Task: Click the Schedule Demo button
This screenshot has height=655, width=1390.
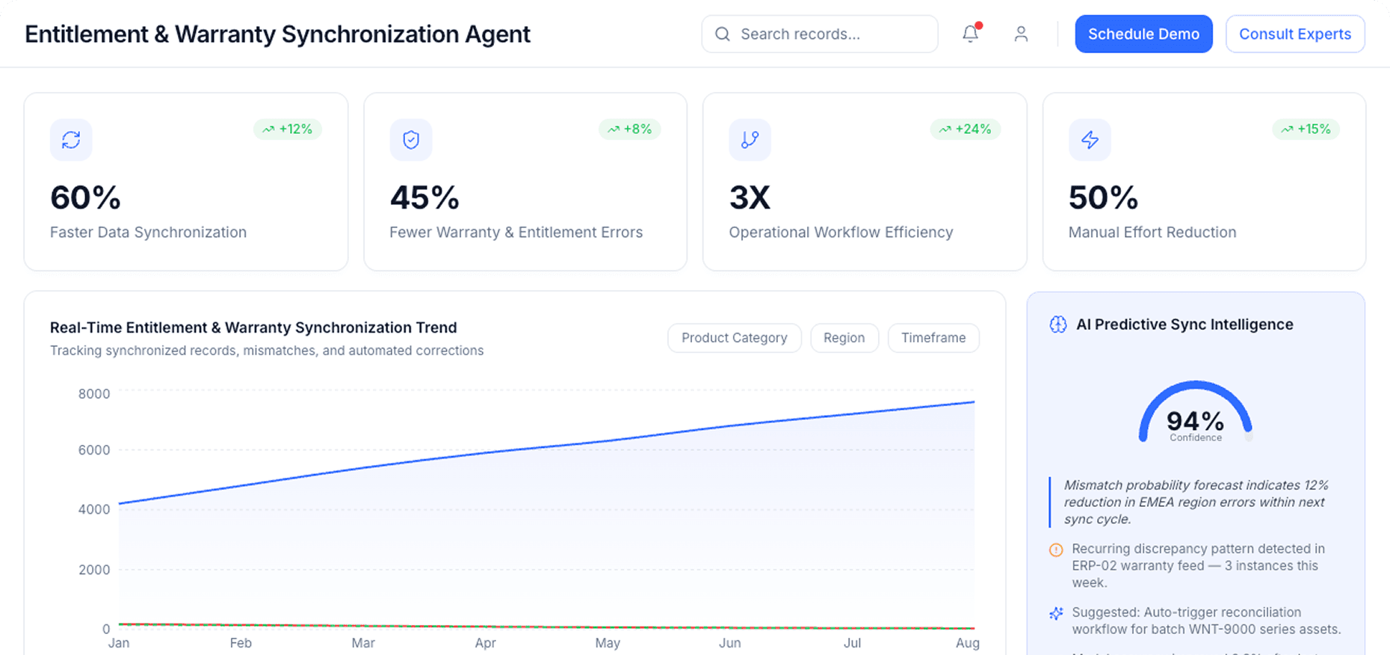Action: point(1143,34)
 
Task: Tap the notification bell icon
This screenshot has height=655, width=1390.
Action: point(970,34)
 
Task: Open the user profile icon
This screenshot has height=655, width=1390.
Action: point(1021,34)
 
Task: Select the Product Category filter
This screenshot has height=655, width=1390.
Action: point(734,338)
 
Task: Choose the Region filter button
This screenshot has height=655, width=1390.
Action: point(844,338)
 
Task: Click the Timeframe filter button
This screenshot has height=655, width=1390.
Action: point(933,338)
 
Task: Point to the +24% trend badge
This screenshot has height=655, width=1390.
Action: point(965,129)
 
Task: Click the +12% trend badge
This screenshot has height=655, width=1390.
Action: point(288,129)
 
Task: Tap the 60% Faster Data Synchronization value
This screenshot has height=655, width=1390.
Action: point(85,198)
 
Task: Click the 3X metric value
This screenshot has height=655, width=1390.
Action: point(750,198)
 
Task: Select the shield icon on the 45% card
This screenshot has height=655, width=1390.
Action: point(411,140)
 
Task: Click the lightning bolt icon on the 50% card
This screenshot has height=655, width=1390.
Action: point(1090,140)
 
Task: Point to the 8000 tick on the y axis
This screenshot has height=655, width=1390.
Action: point(94,394)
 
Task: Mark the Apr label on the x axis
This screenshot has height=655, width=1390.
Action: point(485,643)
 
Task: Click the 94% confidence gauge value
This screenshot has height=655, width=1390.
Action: point(1195,422)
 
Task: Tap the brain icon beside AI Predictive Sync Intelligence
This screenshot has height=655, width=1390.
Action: point(1057,325)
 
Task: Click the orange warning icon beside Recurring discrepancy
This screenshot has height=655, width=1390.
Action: point(1056,550)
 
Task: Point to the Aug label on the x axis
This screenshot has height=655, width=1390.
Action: point(967,643)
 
